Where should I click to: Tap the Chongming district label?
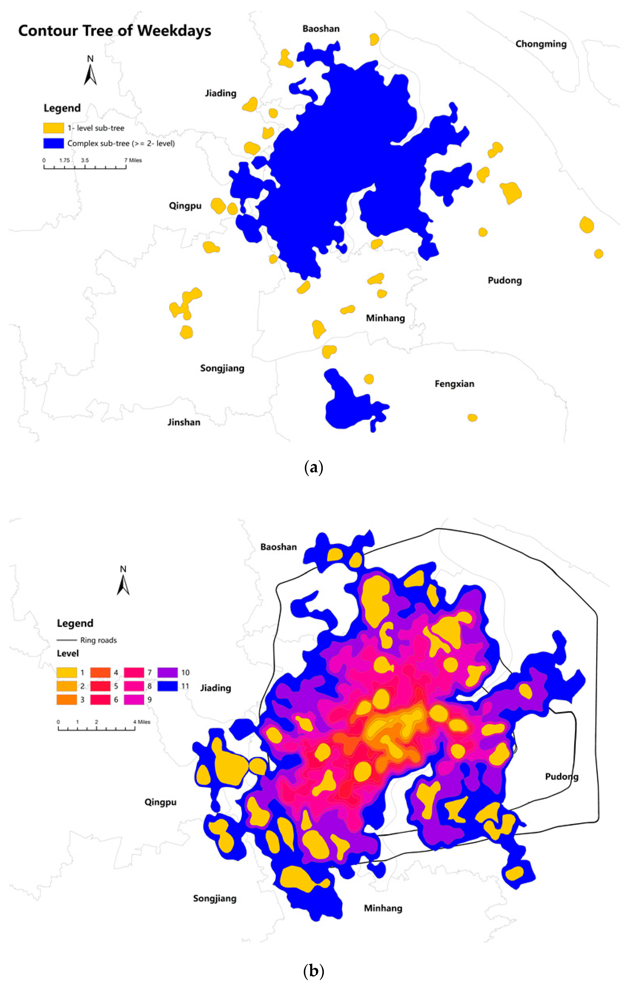pyautogui.click(x=541, y=44)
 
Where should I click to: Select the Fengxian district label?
pyautogui.click(x=454, y=384)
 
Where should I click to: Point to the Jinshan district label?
pyautogui.click(x=184, y=422)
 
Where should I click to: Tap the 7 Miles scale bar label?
pyautogui.click(x=133, y=160)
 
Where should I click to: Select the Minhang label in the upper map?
pyautogui.click(x=385, y=318)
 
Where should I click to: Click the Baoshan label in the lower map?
pyautogui.click(x=278, y=547)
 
